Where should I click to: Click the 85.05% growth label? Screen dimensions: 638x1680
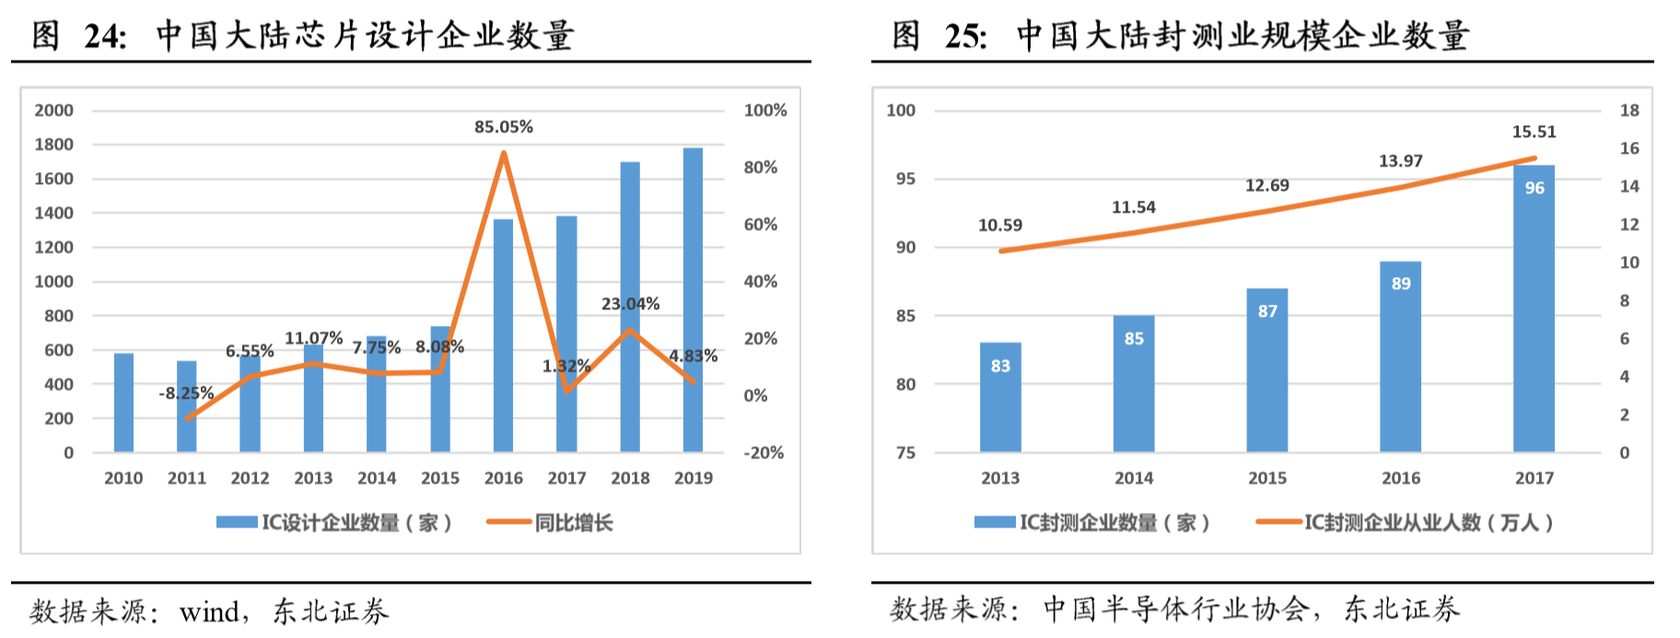coord(503,127)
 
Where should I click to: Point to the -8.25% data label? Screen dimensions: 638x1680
coord(186,393)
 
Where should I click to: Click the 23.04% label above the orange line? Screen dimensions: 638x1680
coord(630,304)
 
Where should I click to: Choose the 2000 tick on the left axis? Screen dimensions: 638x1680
coord(53,110)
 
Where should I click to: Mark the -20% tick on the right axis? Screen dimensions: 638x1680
coord(764,453)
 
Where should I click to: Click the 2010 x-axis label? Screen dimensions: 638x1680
coord(123,479)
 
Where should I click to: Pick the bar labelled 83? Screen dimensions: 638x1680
coord(1000,397)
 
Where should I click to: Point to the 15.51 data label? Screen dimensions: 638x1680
coord(1534,133)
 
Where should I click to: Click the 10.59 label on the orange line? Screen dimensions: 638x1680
coord(999,226)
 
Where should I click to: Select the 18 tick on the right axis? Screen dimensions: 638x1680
coord(1629,110)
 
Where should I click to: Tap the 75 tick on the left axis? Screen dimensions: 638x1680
coord(905,453)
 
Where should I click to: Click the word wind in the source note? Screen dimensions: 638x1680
coord(209,611)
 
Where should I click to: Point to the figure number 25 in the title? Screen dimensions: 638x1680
coord(964,36)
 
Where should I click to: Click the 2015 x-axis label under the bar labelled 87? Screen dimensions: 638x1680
coord(1266,479)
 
